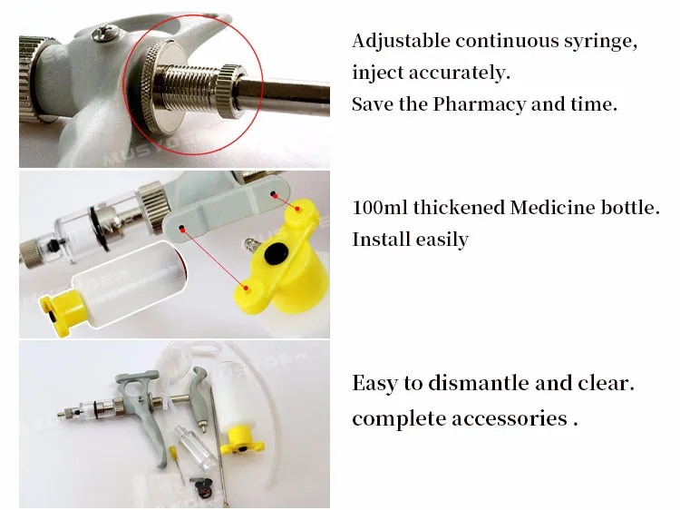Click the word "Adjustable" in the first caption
click(x=401, y=41)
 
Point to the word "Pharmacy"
click(x=480, y=105)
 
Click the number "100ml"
click(x=380, y=208)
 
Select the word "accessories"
click(x=510, y=419)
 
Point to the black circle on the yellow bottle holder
click(x=276, y=253)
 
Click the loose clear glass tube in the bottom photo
click(x=195, y=447)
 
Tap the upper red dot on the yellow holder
click(x=297, y=209)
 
